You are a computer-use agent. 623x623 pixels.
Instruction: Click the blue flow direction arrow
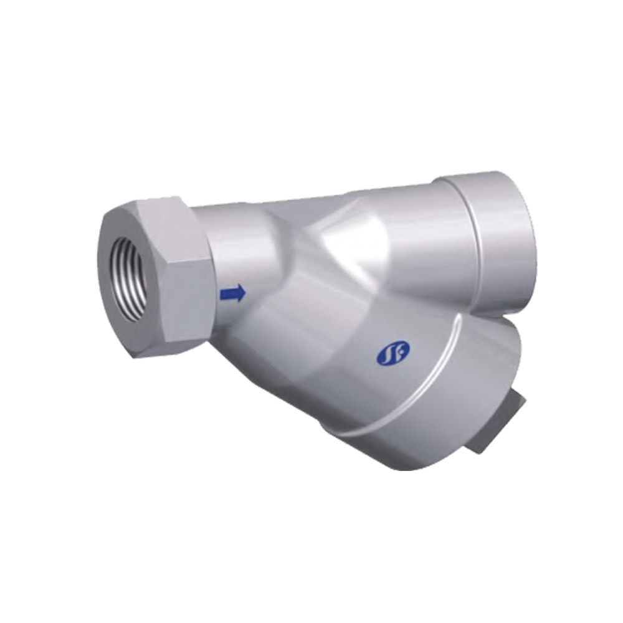232,293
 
